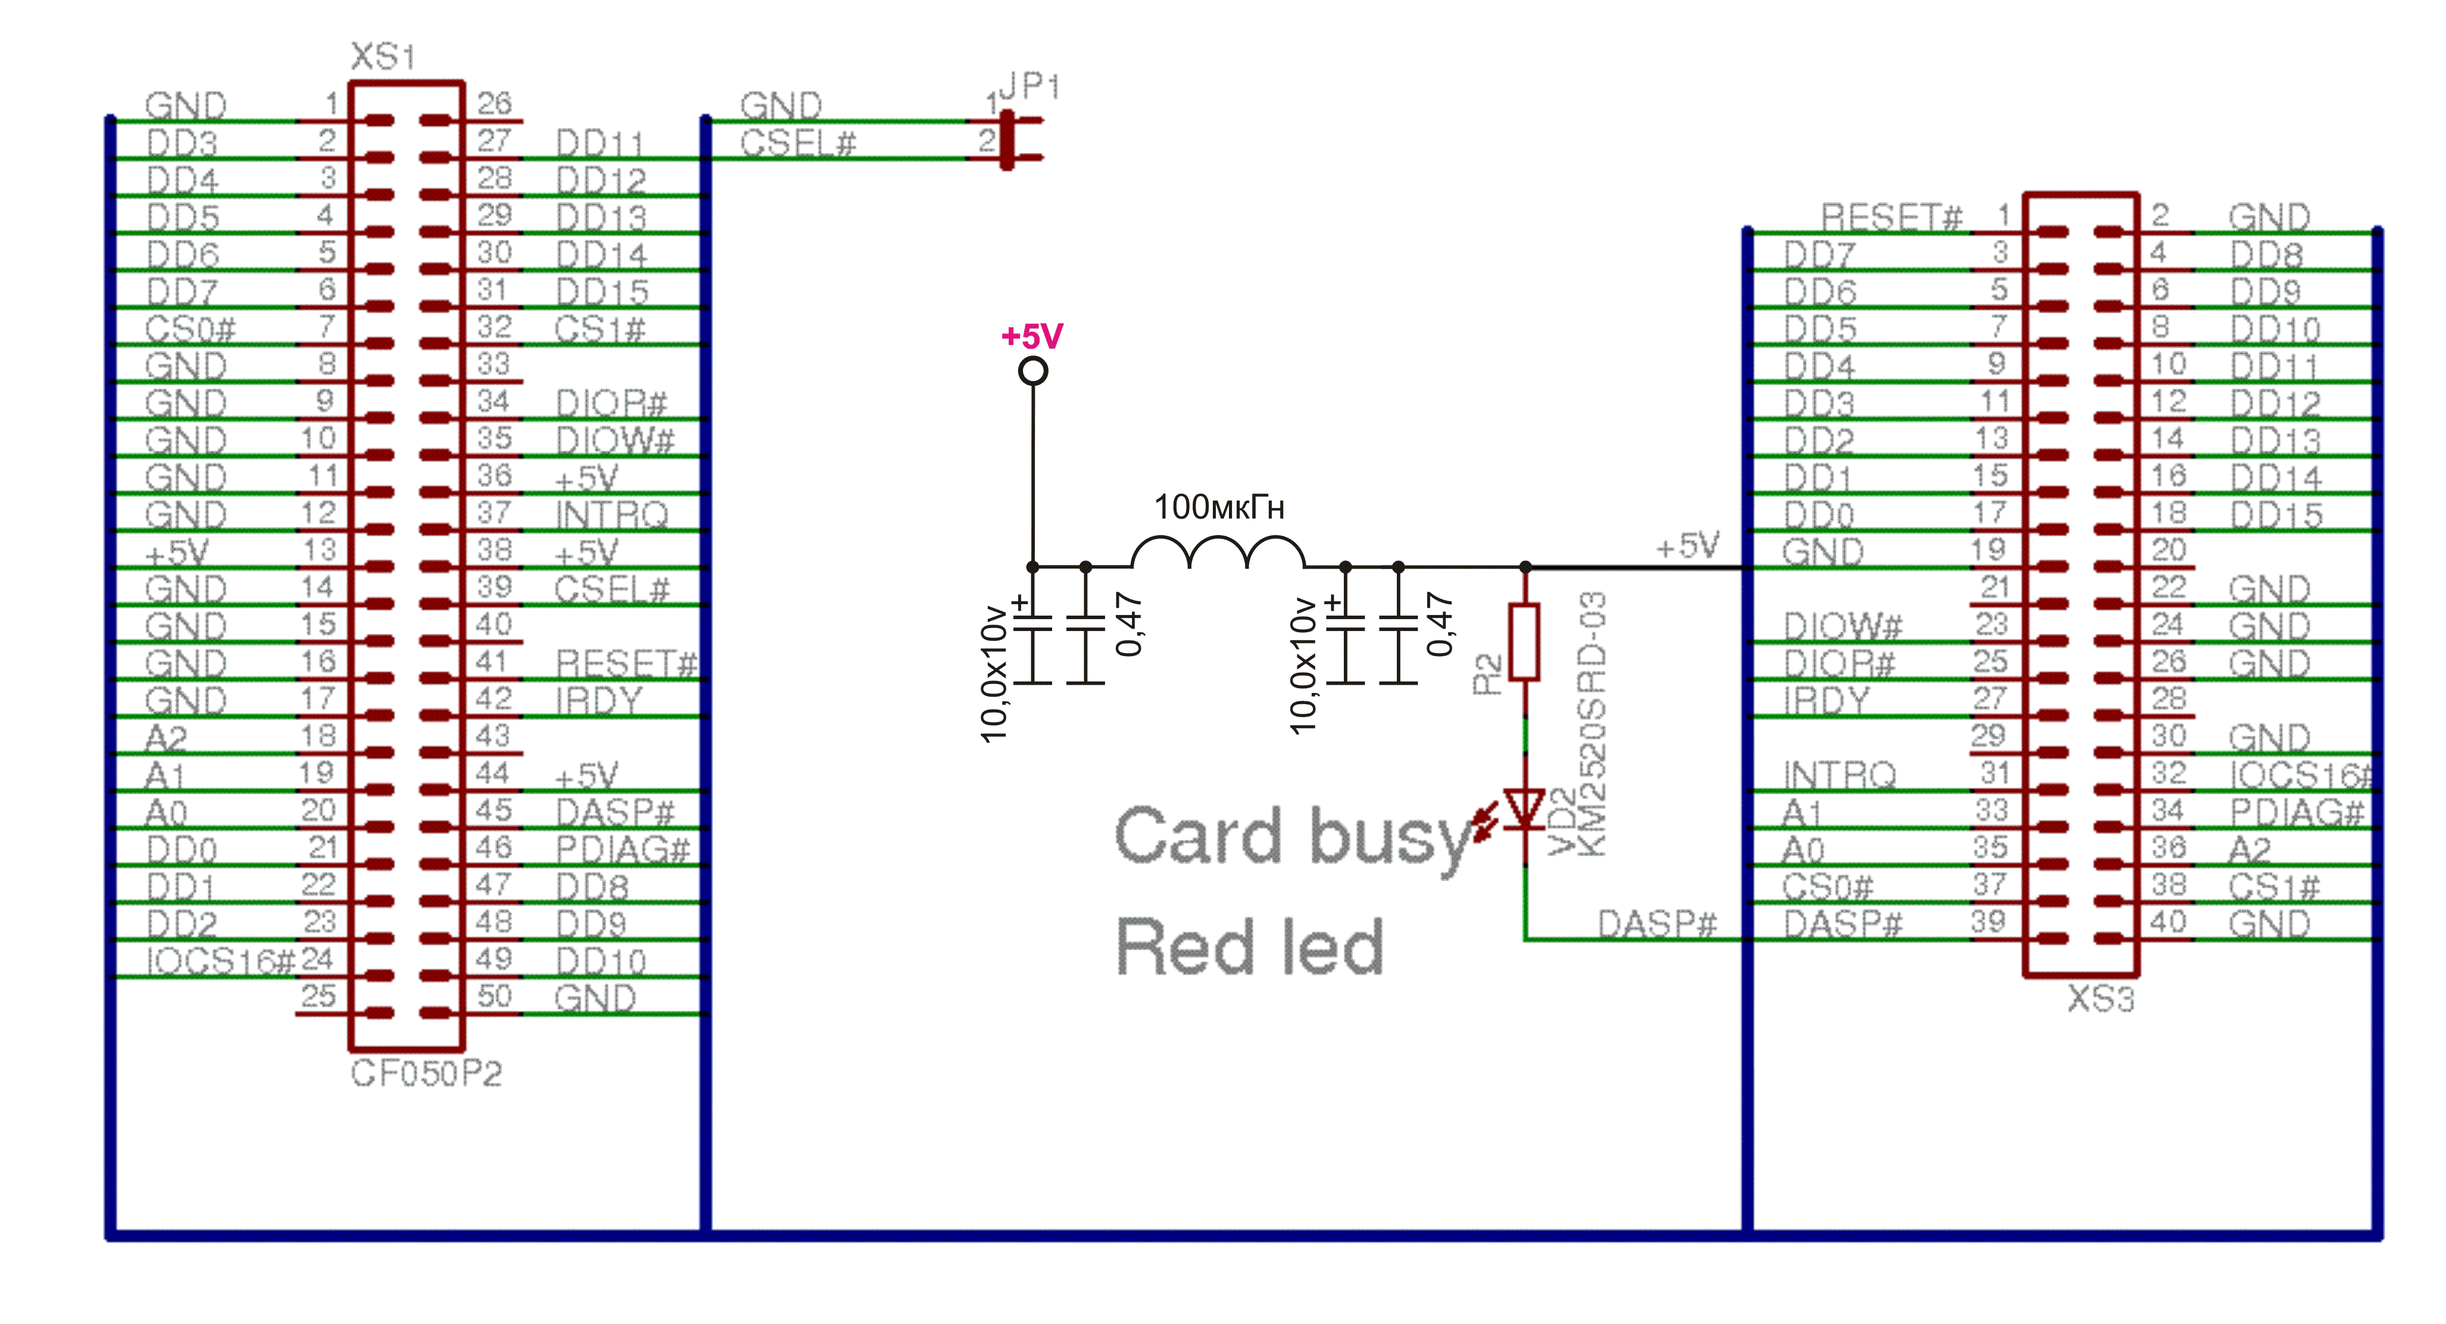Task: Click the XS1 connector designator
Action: (383, 57)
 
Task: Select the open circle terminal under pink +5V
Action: (1033, 371)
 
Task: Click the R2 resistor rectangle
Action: (1524, 642)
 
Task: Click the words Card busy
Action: (1291, 837)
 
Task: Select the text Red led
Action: (1249, 947)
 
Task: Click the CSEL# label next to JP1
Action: (798, 143)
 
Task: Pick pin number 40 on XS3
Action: (2168, 922)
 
